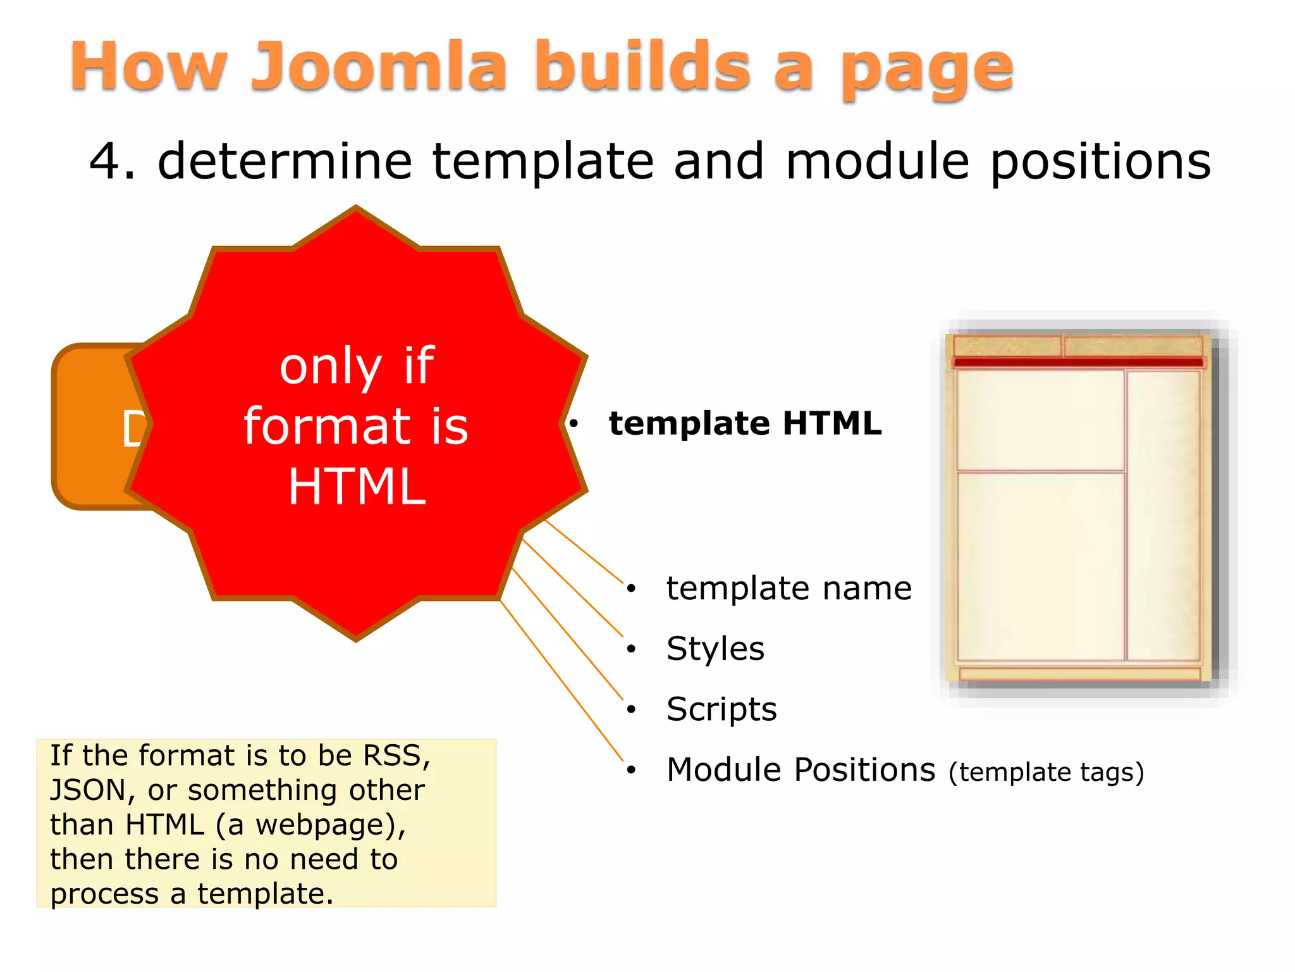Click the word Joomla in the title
379,67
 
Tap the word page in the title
927,70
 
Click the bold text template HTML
745,423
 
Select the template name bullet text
789,589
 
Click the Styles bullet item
715,649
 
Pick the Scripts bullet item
721,709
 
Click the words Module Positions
801,769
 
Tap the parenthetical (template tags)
1046,772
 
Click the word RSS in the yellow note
396,756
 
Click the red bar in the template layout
1078,363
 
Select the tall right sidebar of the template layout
1163,515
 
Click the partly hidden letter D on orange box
133,429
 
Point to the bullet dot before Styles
630,649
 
